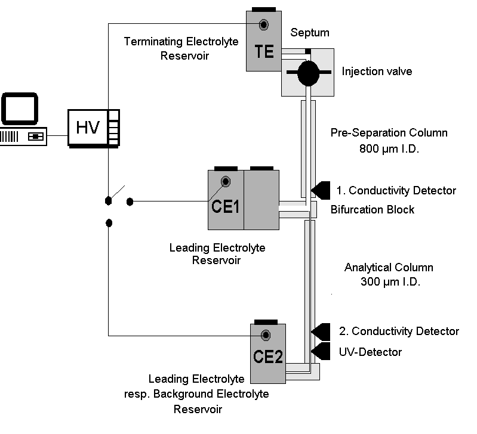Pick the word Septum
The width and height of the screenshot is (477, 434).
point(310,32)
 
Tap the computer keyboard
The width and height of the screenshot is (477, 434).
point(24,137)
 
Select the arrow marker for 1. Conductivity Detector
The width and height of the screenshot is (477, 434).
point(321,190)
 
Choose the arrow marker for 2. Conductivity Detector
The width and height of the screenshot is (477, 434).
point(321,331)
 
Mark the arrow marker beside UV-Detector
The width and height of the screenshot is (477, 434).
point(321,351)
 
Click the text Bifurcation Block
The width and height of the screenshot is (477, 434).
point(372,210)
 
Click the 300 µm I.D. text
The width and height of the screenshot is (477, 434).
point(390,283)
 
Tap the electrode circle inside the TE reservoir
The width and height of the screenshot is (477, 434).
point(263,24)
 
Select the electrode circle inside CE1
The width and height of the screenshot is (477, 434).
point(226,182)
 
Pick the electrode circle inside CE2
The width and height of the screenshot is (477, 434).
point(266,334)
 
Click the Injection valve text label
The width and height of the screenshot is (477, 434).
point(377,72)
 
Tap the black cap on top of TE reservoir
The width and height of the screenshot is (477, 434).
point(264,9)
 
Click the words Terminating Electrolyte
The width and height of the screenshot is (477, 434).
point(181,42)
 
